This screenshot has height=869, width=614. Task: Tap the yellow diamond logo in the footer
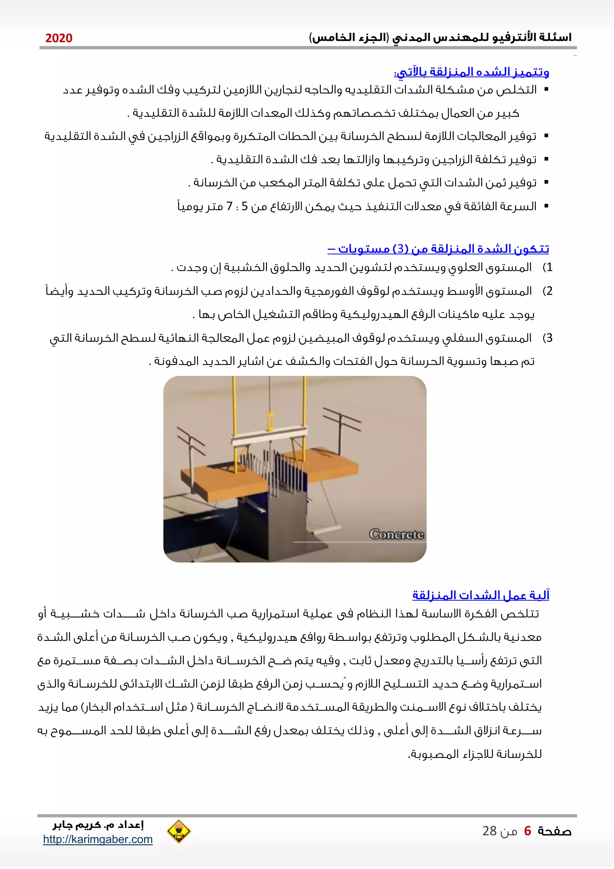[178, 831]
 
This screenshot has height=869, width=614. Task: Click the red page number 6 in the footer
[527, 831]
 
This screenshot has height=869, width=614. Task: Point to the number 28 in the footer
[489, 831]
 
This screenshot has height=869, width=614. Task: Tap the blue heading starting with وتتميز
[472, 71]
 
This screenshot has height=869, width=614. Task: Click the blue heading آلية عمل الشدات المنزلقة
[481, 595]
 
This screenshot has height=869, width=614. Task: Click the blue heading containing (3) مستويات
[438, 249]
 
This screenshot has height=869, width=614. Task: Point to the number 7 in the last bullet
[229, 206]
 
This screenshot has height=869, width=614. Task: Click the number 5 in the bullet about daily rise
[245, 206]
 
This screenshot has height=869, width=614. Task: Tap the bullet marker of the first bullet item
[546, 90]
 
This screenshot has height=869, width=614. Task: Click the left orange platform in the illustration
[223, 481]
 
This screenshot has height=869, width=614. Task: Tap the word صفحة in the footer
[554, 831]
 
